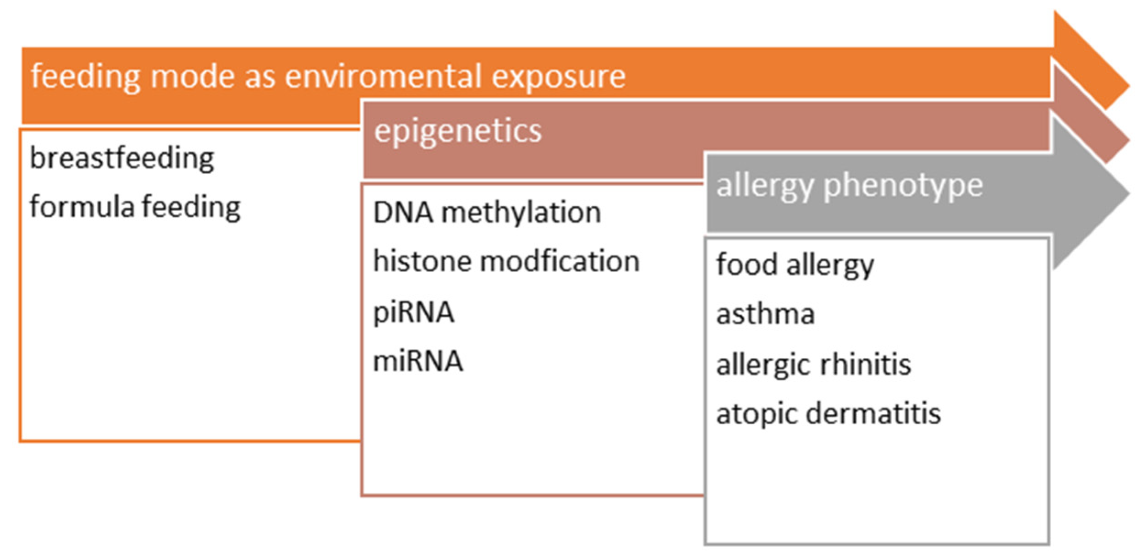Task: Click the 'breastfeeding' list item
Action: click(x=122, y=159)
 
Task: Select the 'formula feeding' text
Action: click(x=135, y=207)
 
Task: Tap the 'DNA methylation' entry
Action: click(x=487, y=213)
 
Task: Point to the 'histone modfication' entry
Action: click(x=506, y=262)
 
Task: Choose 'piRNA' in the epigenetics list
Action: click(x=413, y=313)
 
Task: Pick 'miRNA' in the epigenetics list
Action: click(x=417, y=361)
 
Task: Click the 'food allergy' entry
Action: click(x=795, y=265)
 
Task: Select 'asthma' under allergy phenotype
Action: click(x=765, y=315)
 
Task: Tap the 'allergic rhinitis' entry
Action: click(x=813, y=365)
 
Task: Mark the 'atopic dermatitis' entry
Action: click(x=828, y=414)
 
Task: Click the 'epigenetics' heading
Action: click(x=457, y=132)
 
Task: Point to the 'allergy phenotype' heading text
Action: click(x=849, y=186)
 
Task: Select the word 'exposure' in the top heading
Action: click(x=558, y=77)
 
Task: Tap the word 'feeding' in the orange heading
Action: click(x=85, y=77)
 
